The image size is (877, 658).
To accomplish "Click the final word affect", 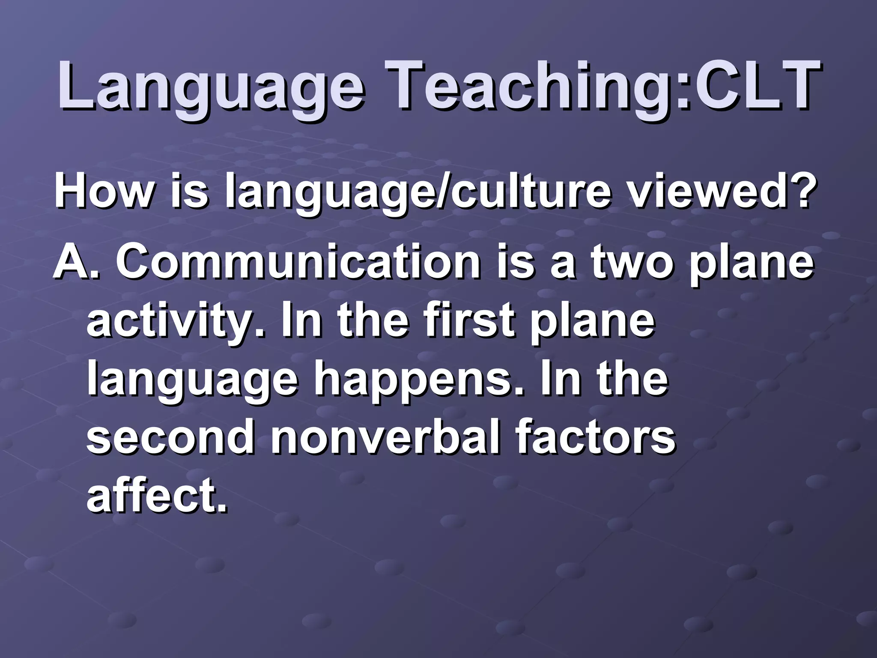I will pyautogui.click(x=156, y=495).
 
